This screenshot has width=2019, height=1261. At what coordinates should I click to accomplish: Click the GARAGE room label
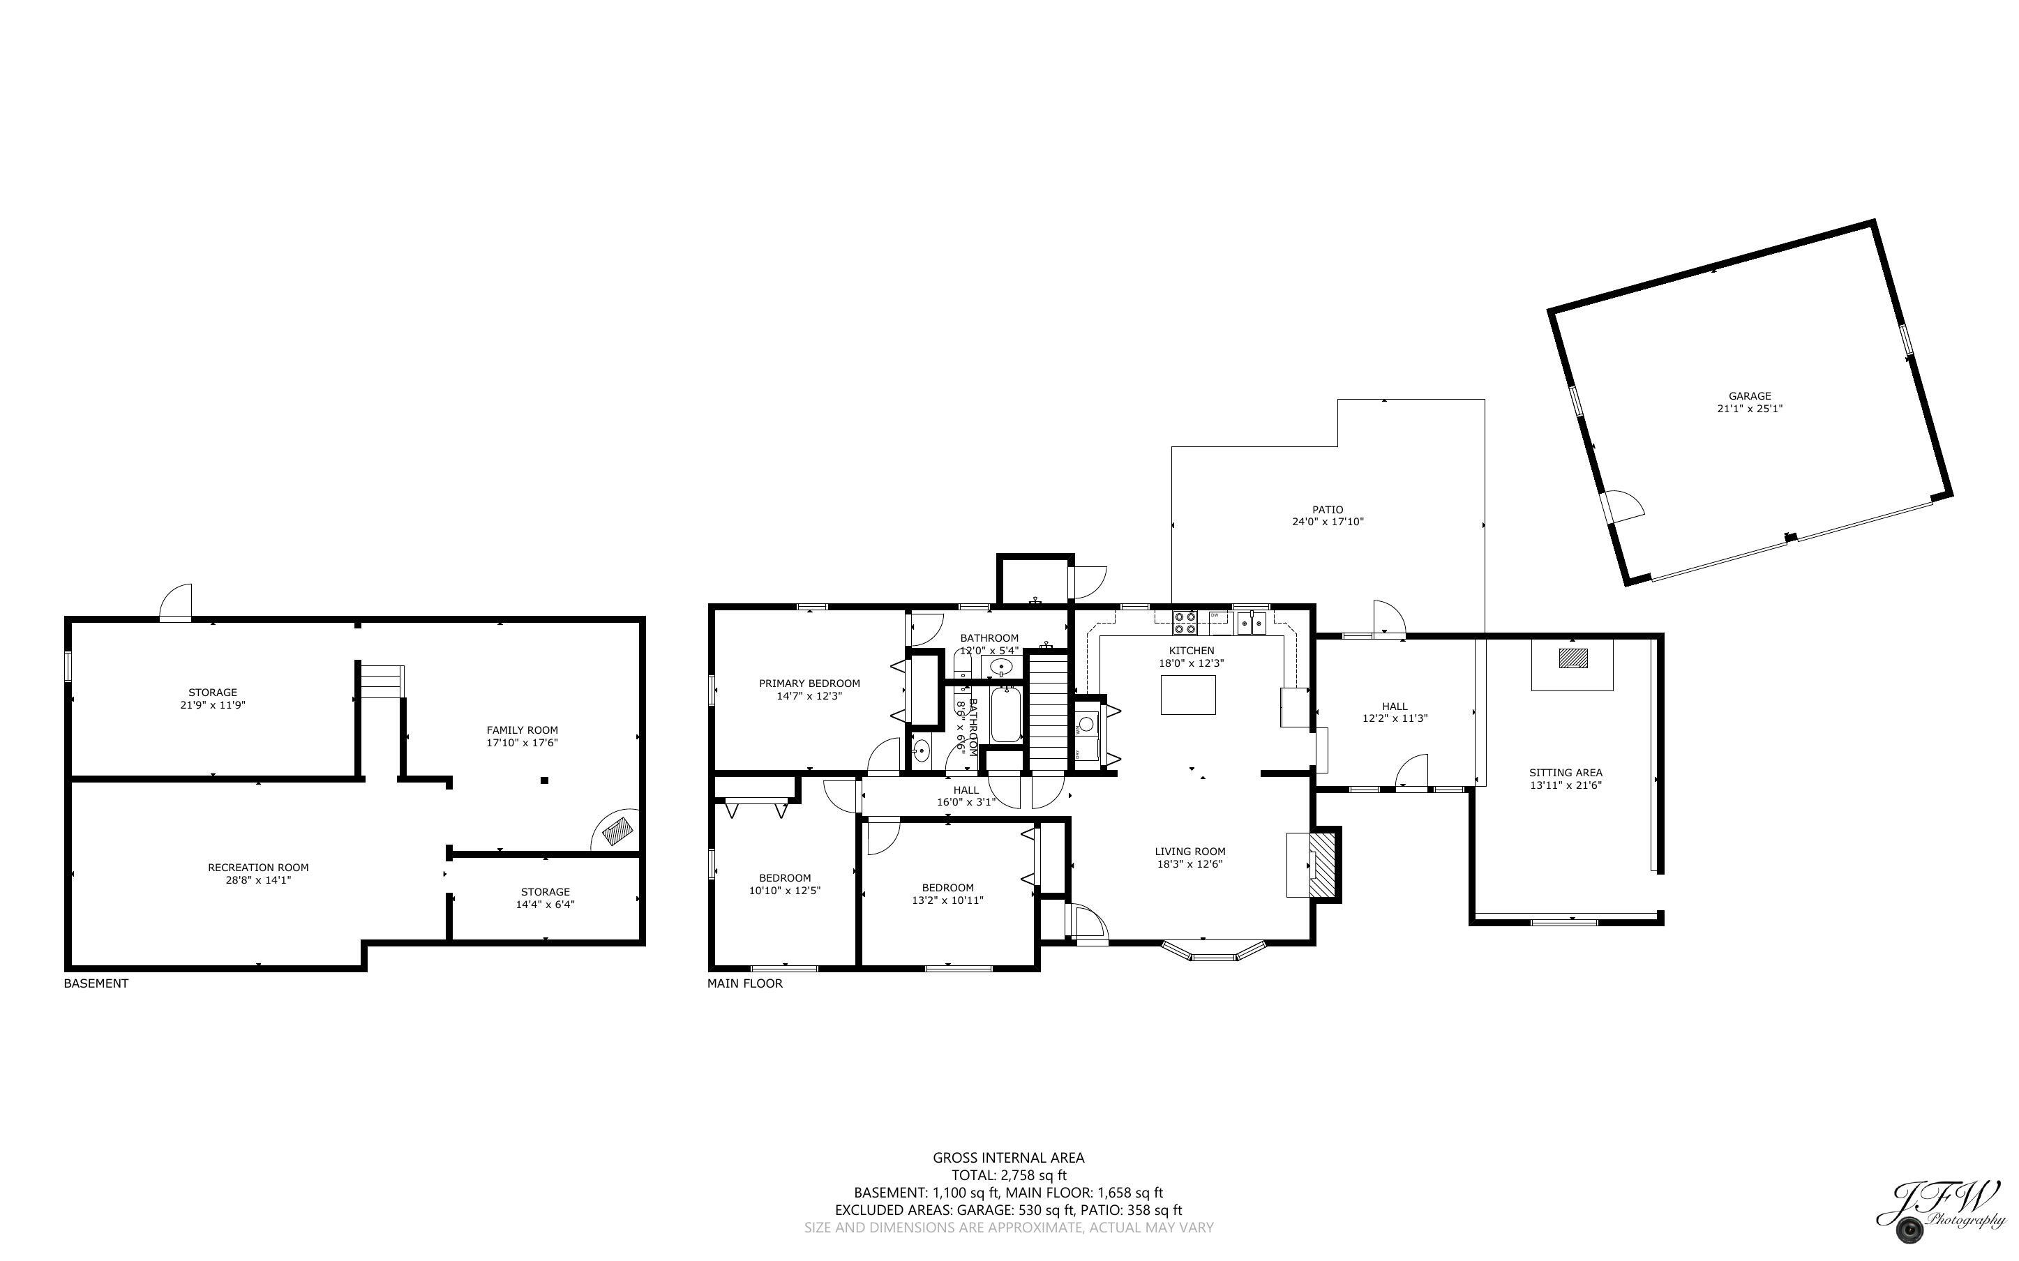point(1749,396)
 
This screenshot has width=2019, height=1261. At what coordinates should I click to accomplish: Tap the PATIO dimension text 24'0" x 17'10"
point(1327,522)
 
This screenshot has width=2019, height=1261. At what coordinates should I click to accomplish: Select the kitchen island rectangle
point(1187,695)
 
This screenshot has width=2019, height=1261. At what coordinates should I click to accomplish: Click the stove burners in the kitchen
point(1184,622)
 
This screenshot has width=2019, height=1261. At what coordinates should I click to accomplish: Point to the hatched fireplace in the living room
point(1322,864)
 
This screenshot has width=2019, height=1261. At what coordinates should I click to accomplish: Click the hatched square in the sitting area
point(1573,658)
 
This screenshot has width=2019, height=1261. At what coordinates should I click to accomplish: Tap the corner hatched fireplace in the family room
point(618,831)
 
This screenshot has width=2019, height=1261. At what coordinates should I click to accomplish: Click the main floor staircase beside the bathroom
point(1049,713)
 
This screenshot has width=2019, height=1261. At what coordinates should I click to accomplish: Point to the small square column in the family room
point(543,780)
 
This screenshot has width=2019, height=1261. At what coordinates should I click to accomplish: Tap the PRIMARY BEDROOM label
point(809,683)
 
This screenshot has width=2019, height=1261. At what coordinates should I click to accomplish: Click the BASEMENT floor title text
point(96,983)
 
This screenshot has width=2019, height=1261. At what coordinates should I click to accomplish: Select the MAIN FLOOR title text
point(744,983)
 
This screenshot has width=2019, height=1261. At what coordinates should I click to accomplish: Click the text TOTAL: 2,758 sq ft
point(1008,1175)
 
